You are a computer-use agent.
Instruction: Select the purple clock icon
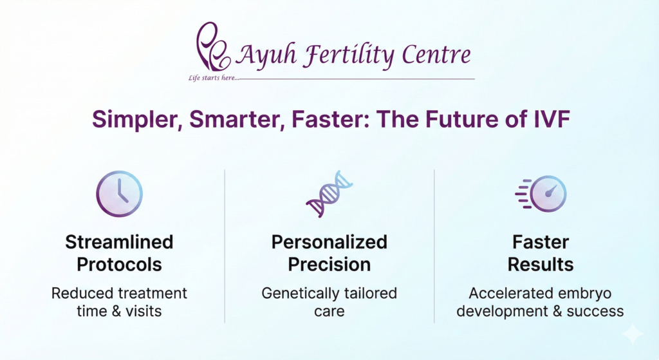pos(119,193)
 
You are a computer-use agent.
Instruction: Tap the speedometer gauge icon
pos(543,193)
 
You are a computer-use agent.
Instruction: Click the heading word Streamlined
pos(119,242)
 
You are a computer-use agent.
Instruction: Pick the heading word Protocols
pos(119,264)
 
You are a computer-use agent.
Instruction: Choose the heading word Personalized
pos(329,242)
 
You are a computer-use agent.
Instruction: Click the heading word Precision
pos(329,264)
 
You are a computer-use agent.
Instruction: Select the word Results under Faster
pos(541,264)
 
